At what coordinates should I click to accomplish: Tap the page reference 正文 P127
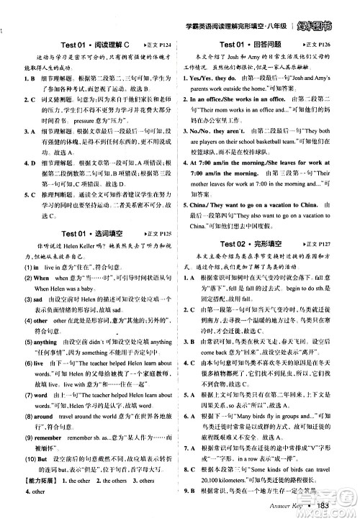pyautogui.click(x=333, y=224)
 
